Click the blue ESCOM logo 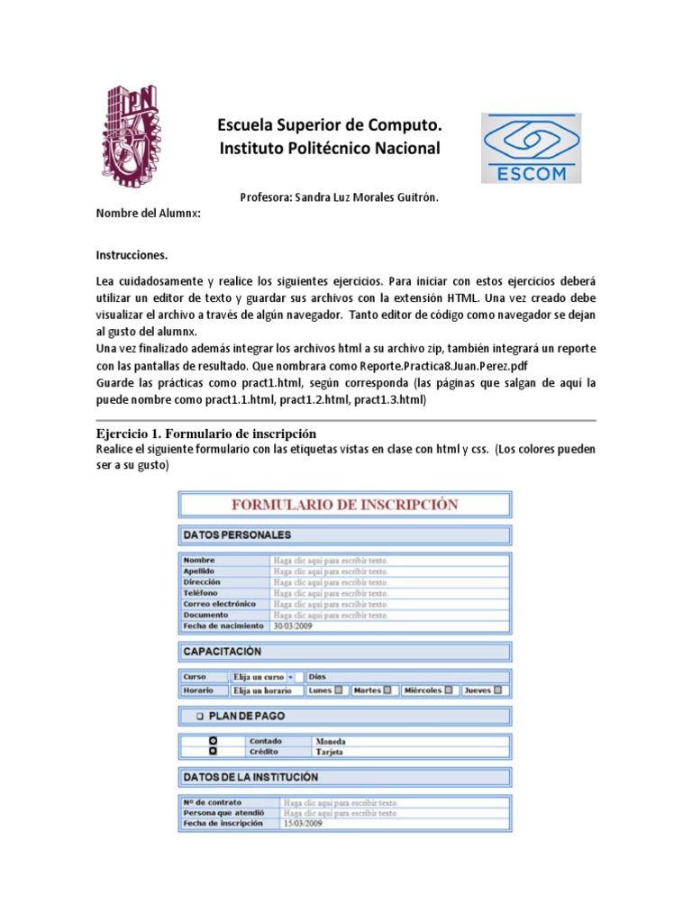(x=531, y=149)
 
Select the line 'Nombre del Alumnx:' (x=148, y=214)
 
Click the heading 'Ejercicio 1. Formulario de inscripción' (x=205, y=434)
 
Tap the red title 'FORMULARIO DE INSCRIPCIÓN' (x=345, y=505)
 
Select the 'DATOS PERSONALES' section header (x=238, y=535)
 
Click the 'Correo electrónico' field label (x=219, y=604)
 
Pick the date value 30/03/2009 (x=293, y=626)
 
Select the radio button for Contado (x=214, y=741)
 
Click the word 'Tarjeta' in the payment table (x=329, y=752)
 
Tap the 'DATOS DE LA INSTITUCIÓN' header (x=250, y=776)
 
